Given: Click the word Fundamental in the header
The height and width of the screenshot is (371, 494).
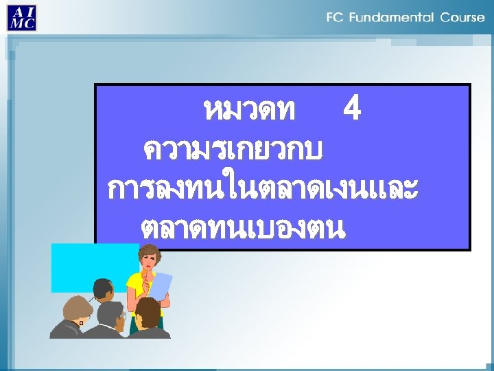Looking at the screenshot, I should coord(393,17).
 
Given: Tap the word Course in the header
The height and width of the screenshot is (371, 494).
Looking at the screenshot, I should coord(462,17).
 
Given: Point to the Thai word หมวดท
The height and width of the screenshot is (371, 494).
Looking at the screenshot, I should coord(250,110).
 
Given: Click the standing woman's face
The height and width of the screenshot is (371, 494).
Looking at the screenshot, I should coord(150,260).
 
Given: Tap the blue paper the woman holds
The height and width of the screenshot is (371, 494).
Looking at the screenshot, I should coord(161,286).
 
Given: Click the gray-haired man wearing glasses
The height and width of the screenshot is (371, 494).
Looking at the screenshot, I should coord(112,316).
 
